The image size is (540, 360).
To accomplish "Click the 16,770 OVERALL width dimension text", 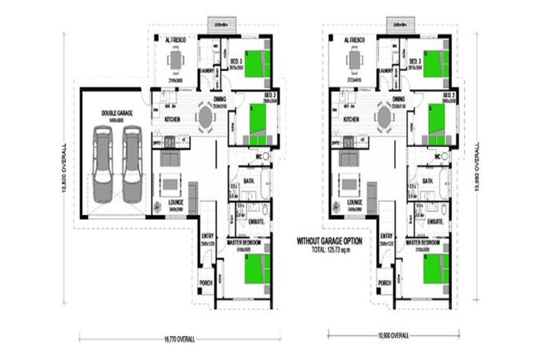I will tap(181, 339).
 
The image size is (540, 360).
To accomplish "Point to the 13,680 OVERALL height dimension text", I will tap(476, 169).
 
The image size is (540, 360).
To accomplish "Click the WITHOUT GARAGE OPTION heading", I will tap(329, 240).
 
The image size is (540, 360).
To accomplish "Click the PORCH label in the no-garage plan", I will tap(385, 283).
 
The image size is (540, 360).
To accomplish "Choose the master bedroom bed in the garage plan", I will tap(257, 269).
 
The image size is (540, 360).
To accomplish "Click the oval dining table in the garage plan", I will tap(205, 117).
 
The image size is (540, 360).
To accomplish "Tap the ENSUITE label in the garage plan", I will tap(256, 221).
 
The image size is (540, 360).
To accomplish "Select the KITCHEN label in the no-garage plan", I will tap(351, 120).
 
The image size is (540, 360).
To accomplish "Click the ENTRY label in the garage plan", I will tap(207, 236).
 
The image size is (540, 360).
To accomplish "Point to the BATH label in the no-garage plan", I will tap(427, 181).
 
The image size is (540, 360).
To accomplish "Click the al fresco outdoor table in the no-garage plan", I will tap(354, 61).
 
